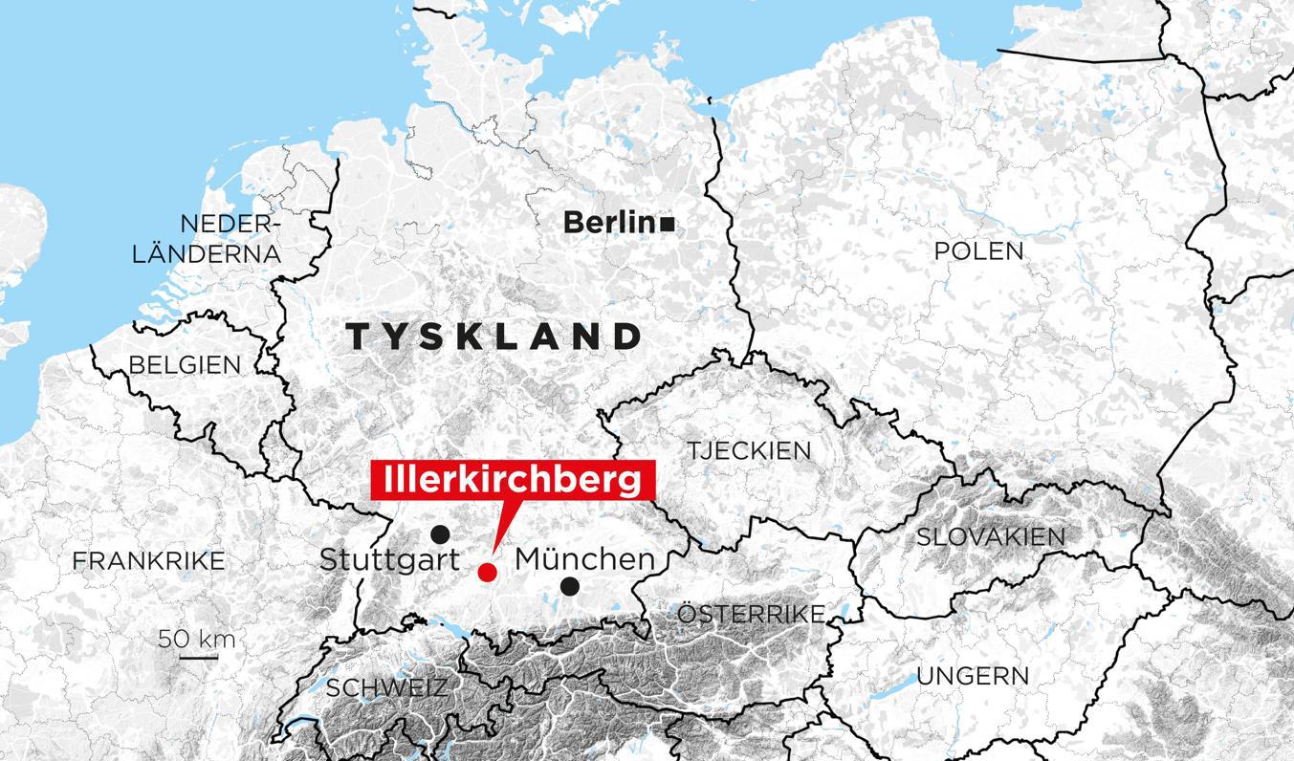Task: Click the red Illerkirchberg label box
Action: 512,480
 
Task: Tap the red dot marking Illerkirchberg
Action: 487,572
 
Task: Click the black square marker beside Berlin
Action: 668,224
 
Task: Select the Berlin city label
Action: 607,223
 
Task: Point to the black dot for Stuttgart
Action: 440,534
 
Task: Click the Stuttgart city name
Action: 390,559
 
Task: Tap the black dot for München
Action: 570,586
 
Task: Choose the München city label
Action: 585,559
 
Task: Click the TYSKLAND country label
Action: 493,336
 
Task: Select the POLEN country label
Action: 978,251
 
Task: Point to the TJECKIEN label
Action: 749,450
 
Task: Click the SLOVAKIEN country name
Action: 991,536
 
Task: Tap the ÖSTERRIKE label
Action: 751,614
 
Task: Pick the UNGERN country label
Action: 973,676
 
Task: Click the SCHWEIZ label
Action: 386,687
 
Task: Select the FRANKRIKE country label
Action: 149,560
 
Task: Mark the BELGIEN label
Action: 185,364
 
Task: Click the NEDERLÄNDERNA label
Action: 208,239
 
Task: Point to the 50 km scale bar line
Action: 198,657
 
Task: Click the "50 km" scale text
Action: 197,639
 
